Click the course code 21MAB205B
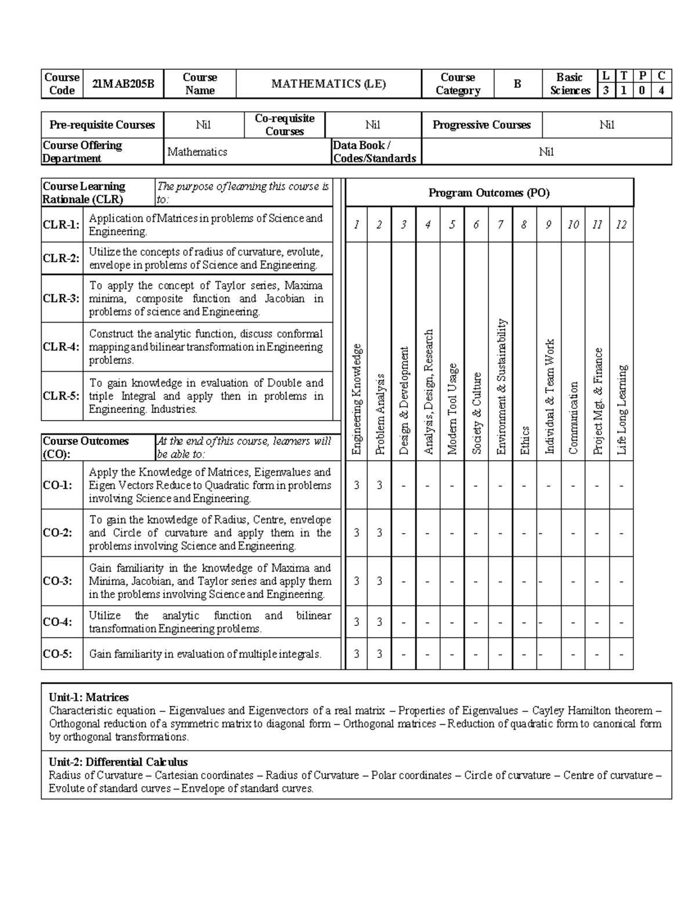click(x=123, y=84)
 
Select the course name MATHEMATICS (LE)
click(x=328, y=84)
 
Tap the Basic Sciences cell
click(x=569, y=84)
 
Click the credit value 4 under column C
click(x=662, y=91)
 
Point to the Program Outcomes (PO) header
click(x=488, y=193)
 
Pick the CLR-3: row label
click(x=61, y=299)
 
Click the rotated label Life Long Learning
click(x=622, y=410)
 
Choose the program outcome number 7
click(x=500, y=225)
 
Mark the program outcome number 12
click(x=621, y=225)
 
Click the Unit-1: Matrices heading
click(x=89, y=697)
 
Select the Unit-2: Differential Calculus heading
click(x=118, y=762)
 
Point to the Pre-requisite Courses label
click(x=102, y=125)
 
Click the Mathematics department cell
click(x=197, y=152)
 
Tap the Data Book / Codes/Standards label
click(x=375, y=152)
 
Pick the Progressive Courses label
click(x=481, y=125)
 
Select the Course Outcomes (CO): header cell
click(x=86, y=447)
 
